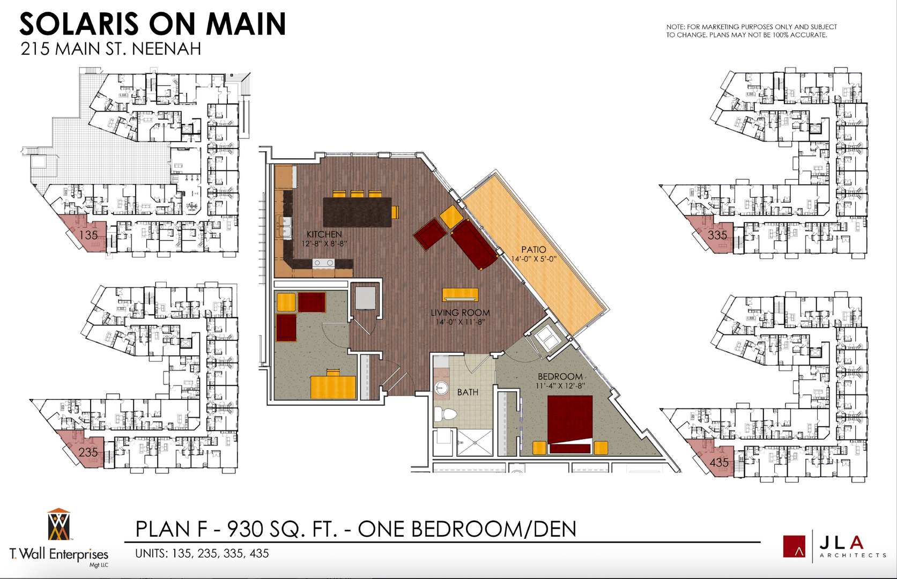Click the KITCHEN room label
coord(324,234)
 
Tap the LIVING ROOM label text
coord(460,313)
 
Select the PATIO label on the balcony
coord(533,249)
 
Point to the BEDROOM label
coord(560,377)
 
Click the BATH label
coord(468,392)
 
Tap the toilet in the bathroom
coord(445,413)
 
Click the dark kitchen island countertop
coord(357,212)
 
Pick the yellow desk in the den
coord(333,387)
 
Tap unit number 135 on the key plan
coord(88,235)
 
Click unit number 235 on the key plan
coord(88,452)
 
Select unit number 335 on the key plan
coord(717,235)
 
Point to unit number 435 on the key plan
coord(719,462)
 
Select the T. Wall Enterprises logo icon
coord(58,525)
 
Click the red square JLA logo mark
coord(794,546)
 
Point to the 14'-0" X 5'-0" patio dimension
coord(533,259)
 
